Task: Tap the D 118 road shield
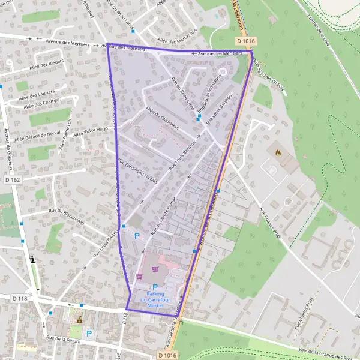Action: pyautogui.click(x=20, y=298)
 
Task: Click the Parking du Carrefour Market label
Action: pyautogui.click(x=155, y=300)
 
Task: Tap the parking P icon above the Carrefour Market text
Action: pyautogui.click(x=155, y=287)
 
